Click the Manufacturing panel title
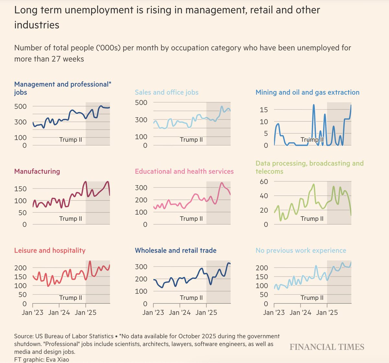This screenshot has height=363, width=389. [x=37, y=171]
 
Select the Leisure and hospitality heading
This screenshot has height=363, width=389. [x=50, y=250]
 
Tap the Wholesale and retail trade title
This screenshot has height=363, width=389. [x=175, y=250]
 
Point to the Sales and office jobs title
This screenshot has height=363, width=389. [x=166, y=92]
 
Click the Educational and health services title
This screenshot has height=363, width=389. [x=184, y=171]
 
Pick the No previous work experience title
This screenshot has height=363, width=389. [x=301, y=250]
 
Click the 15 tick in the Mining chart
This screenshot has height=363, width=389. [x=264, y=110]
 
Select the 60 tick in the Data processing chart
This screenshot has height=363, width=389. [x=264, y=181]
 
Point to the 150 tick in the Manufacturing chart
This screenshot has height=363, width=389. [x=20, y=189]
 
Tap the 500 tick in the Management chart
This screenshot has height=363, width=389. [x=20, y=106]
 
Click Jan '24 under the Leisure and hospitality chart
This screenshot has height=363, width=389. [x=59, y=312]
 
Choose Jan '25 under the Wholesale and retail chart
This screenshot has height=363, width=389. [x=206, y=312]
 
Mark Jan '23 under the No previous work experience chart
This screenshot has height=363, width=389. [x=274, y=312]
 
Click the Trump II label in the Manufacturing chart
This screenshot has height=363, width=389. [x=70, y=219]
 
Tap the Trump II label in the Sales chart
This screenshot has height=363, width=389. [x=191, y=140]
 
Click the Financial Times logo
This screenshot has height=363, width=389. [x=327, y=347]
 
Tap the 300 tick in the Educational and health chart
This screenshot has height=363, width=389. [x=141, y=188]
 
